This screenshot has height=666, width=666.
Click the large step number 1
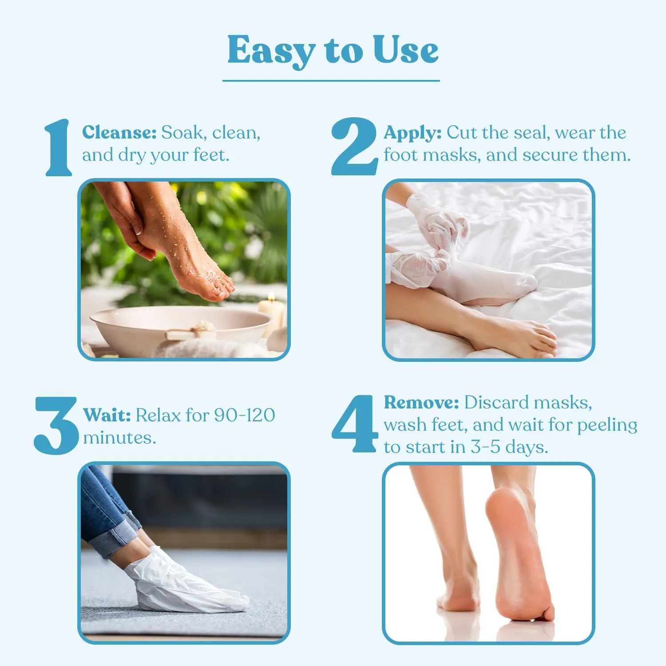(59, 148)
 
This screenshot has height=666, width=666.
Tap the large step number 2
(354, 147)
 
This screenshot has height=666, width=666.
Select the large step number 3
(55, 425)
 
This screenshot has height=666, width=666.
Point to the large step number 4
(355, 424)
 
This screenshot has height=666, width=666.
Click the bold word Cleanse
(119, 133)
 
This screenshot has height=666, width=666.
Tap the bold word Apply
(412, 133)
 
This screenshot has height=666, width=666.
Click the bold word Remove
(421, 403)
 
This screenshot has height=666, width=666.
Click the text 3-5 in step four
(485, 447)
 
